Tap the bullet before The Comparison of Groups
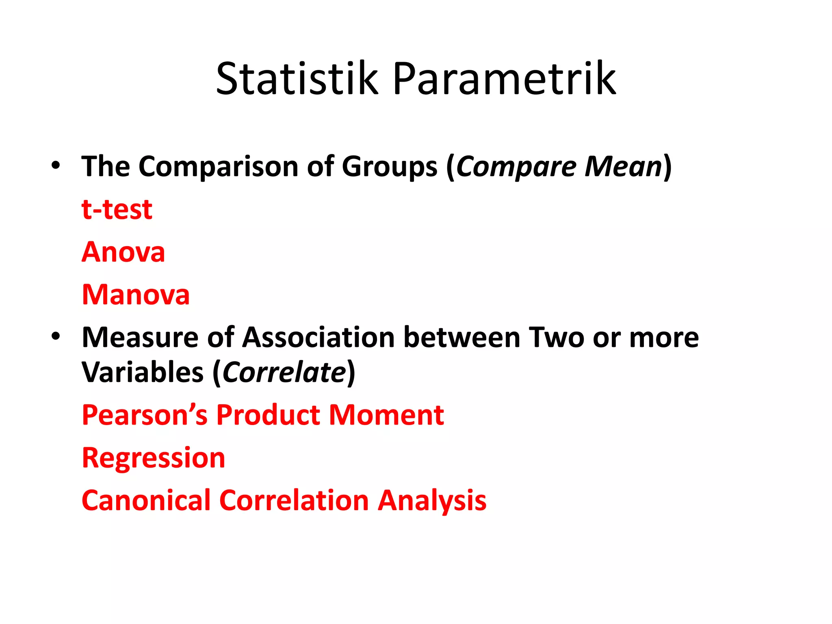click(56, 166)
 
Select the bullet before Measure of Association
click(56, 336)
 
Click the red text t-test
click(117, 210)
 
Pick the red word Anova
click(123, 252)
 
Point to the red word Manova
click(136, 295)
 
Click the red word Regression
click(153, 458)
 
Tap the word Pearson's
click(145, 415)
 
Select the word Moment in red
click(386, 415)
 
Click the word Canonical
click(146, 500)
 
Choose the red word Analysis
click(432, 501)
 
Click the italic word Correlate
click(284, 373)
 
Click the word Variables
click(143, 373)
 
